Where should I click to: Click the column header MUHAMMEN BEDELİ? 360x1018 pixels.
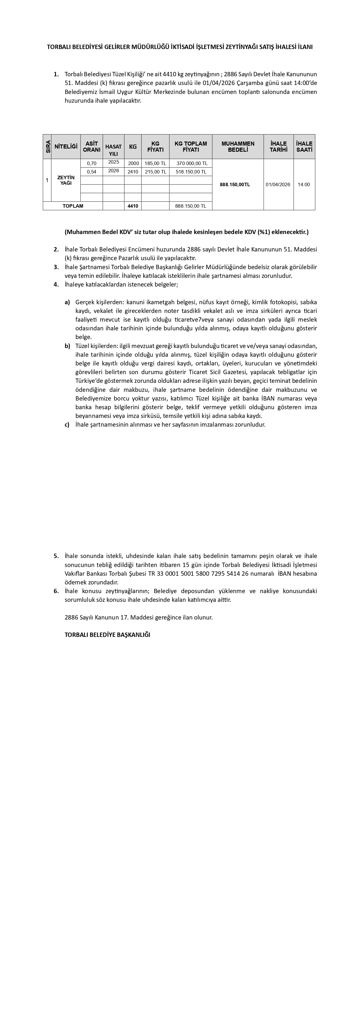tap(238, 147)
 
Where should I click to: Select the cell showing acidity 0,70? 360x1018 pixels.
tap(92, 163)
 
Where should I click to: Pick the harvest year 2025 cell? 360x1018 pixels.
tap(113, 162)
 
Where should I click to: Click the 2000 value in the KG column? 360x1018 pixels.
tap(133, 163)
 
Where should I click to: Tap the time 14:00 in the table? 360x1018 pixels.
tap(304, 184)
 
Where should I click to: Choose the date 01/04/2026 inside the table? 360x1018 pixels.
tap(278, 184)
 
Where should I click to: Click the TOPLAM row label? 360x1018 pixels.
tap(73, 206)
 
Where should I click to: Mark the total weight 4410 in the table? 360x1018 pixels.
tap(133, 206)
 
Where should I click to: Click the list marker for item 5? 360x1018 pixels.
tap(56, 556)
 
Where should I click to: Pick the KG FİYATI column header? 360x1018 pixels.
tap(155, 147)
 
